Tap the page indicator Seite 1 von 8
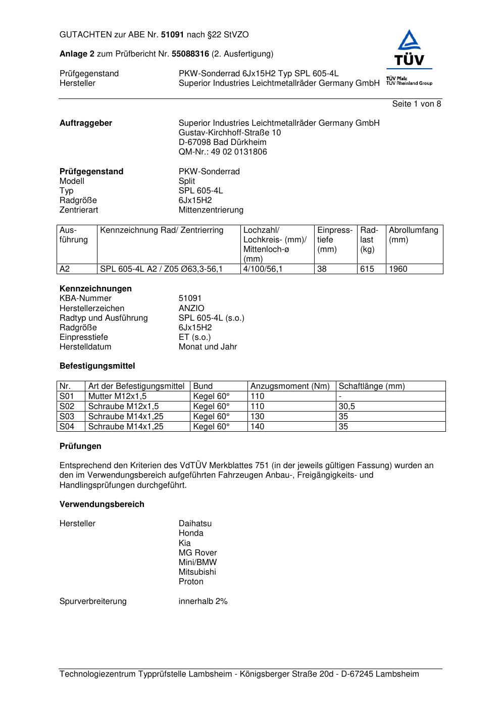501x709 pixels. (416, 104)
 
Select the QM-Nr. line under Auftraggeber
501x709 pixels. (223, 152)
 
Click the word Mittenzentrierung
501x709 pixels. (211, 210)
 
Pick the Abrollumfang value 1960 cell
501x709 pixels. (398, 269)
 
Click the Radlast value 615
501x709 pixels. (367, 269)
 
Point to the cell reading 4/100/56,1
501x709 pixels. (263, 269)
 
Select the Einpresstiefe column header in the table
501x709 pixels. (335, 240)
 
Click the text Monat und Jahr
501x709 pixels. (208, 347)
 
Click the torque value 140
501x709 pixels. (258, 427)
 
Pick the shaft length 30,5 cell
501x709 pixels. (347, 407)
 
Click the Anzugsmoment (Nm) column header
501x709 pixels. (290, 386)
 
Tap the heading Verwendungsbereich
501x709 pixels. (102, 504)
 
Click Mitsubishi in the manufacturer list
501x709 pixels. (197, 572)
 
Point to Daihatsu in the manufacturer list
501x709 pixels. (195, 524)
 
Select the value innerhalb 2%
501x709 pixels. (203, 601)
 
